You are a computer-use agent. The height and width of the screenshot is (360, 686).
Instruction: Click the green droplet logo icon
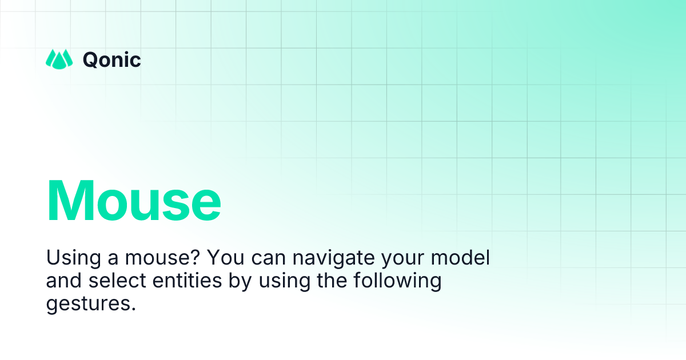[59, 59]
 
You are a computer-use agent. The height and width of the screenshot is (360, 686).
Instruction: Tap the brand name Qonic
[112, 59]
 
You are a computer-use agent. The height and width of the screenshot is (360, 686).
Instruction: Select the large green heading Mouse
[134, 201]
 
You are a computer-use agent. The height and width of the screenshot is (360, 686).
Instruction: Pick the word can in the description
[268, 259]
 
